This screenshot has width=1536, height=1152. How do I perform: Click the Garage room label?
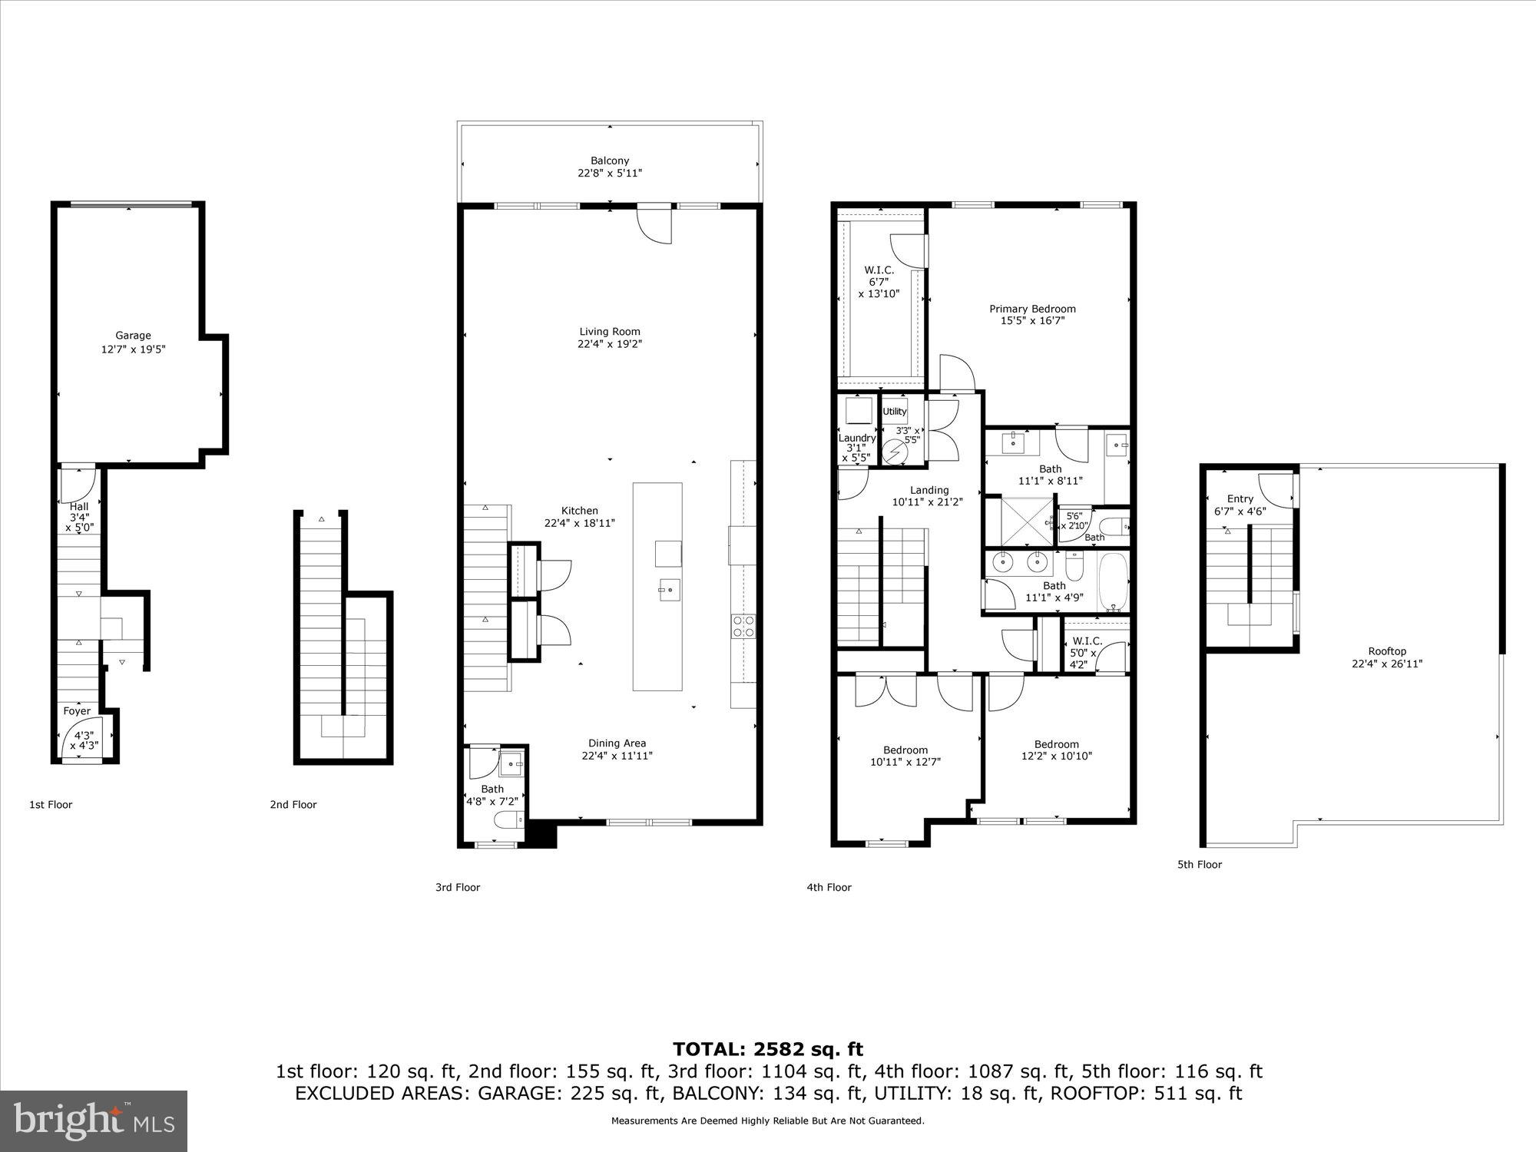[x=133, y=336]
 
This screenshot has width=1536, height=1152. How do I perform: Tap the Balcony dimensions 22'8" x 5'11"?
[x=610, y=174]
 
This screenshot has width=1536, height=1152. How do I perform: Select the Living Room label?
[x=610, y=332]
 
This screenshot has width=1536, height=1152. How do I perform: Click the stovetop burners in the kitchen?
[x=743, y=627]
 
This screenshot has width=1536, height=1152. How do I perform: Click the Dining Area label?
[x=617, y=743]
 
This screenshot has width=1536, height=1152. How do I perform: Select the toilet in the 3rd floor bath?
[x=507, y=821]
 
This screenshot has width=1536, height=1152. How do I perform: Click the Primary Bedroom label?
[x=1032, y=309]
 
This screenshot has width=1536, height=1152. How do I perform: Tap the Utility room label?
[x=894, y=412]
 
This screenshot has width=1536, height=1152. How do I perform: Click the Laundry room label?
[x=856, y=438]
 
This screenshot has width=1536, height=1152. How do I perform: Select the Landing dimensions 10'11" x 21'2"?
[x=927, y=502]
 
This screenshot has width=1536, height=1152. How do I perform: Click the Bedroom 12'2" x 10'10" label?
[x=1056, y=744]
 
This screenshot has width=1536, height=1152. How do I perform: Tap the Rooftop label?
[x=1387, y=651]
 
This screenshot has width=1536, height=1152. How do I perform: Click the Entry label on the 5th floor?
[x=1240, y=498]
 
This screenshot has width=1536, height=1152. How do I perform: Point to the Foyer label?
[x=77, y=711]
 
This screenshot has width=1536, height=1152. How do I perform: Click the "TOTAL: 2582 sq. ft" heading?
[x=767, y=1049]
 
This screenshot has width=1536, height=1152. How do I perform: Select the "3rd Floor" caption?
[x=458, y=887]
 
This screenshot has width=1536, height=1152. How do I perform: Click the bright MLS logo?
[x=94, y=1121]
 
